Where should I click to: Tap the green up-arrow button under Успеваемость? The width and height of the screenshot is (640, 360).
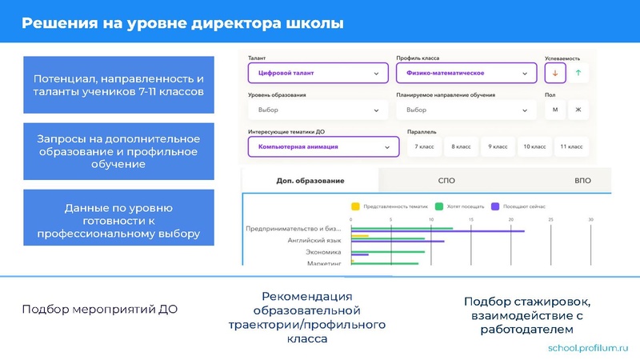(578, 73)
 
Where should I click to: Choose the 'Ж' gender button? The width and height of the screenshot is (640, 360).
(578, 110)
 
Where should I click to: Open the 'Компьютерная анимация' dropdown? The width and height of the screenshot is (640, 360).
(323, 147)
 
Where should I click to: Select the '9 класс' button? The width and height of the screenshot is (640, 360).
(499, 147)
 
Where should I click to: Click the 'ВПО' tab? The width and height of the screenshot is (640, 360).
(582, 181)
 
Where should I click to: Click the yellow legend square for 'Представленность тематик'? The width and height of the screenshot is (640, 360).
(356, 206)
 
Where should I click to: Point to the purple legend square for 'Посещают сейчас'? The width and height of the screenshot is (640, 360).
(495, 206)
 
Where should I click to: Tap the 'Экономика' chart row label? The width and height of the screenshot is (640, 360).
(322, 252)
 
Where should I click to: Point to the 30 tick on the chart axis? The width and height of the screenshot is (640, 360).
(590, 220)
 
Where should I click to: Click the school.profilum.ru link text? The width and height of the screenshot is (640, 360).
(589, 349)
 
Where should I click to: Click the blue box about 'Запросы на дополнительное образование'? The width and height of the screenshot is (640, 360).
(118, 151)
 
